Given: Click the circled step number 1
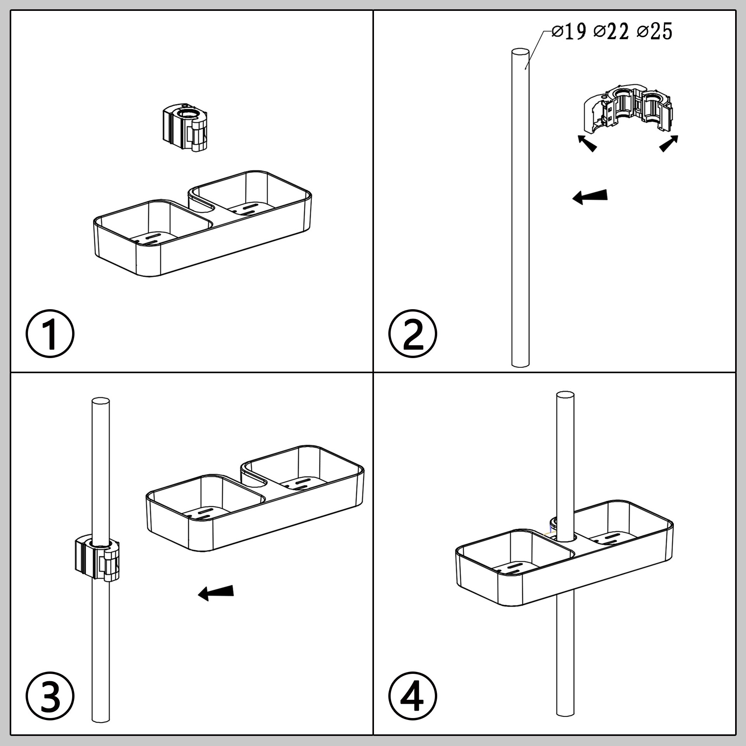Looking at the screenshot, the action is (50, 333).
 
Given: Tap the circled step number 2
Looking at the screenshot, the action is (413, 333).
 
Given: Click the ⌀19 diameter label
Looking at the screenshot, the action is (568, 32).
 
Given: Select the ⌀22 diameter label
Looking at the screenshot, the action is (611, 32).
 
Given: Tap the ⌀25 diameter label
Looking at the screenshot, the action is (654, 32).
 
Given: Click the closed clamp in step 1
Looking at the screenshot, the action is (184, 127).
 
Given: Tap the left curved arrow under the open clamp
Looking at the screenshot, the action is (587, 143).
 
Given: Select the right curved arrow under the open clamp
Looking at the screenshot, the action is (669, 143).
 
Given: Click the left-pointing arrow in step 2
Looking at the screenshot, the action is (590, 197).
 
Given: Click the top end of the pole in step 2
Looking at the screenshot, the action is (521, 53).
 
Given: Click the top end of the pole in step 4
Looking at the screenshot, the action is (565, 396).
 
